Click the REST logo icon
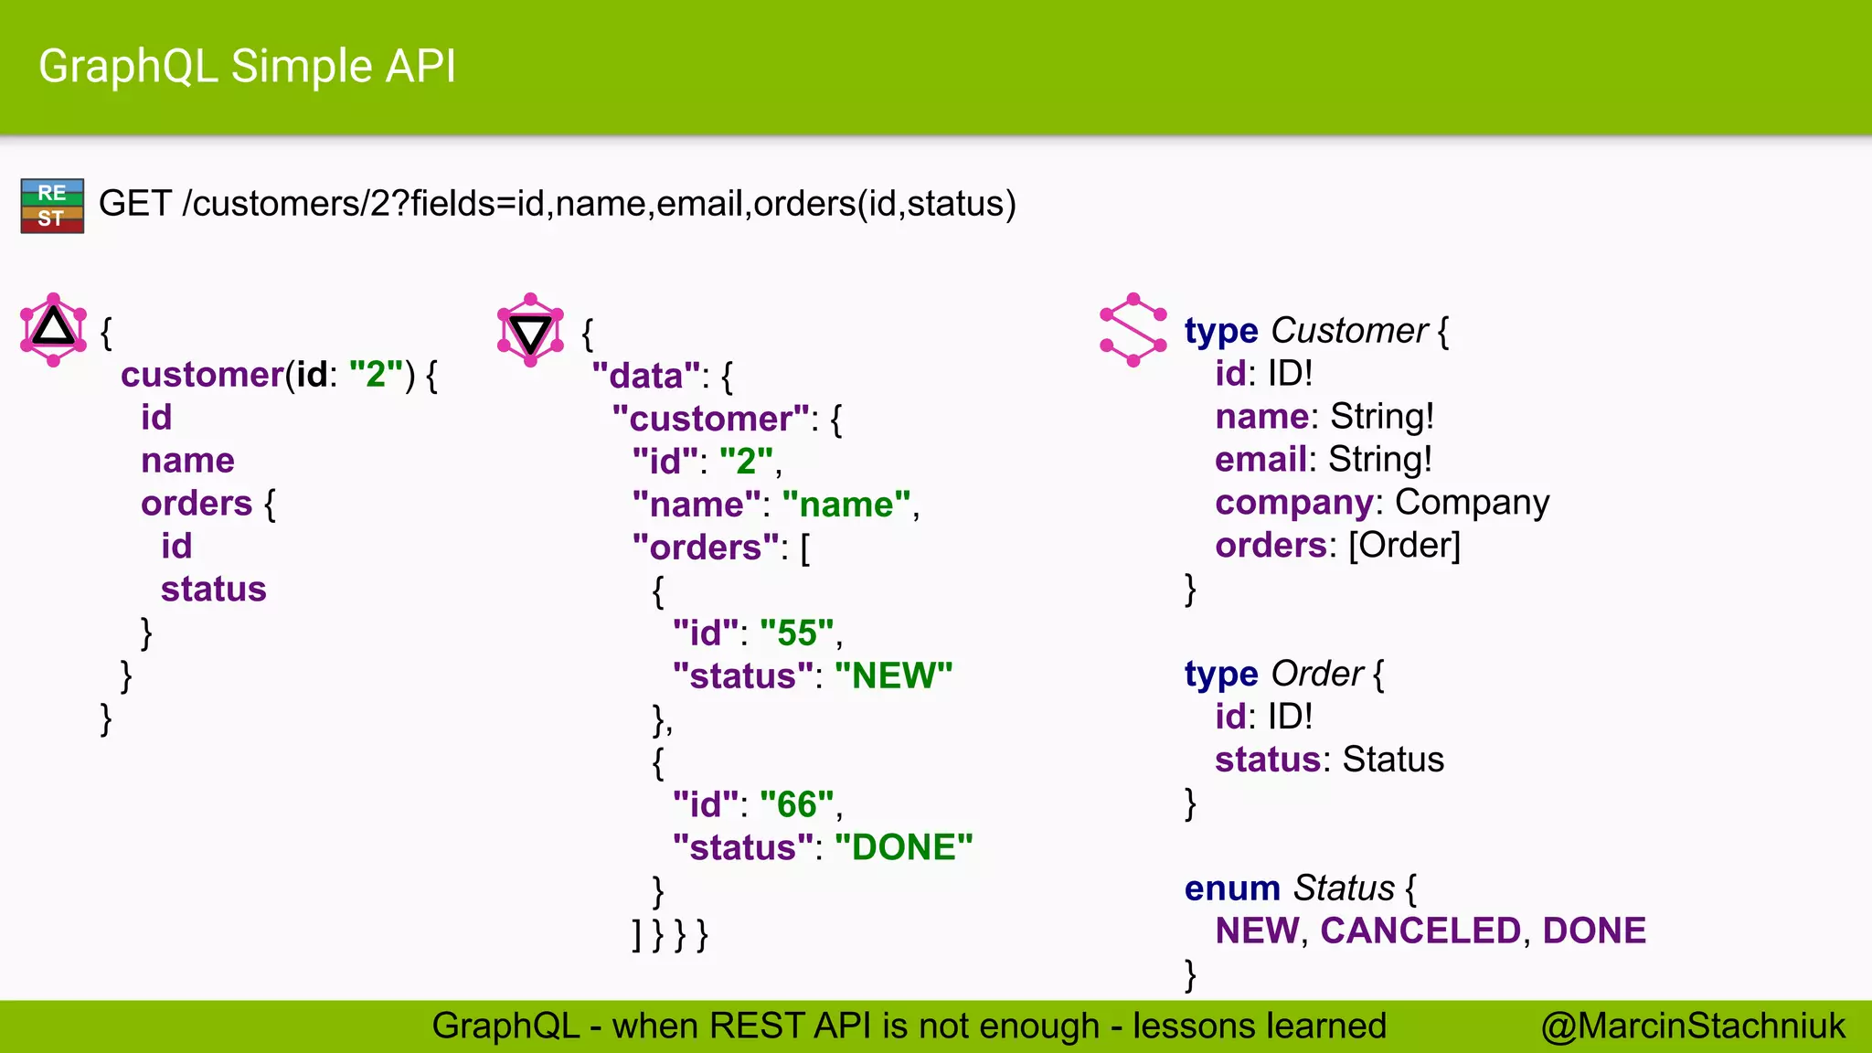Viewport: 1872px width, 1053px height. pos(52,206)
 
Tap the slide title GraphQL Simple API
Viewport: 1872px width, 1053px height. pos(247,67)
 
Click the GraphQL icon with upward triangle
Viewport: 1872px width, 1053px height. pos(53,329)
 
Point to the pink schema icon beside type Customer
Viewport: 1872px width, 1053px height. pos(1133,330)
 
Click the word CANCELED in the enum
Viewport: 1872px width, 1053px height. pos(1420,931)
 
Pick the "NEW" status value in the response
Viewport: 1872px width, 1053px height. pos(893,675)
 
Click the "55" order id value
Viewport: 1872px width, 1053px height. pos(796,633)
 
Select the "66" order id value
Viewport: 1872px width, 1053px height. pos(796,804)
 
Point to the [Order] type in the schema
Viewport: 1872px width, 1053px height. pos(1404,545)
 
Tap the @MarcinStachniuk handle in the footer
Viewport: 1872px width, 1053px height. pos(1693,1026)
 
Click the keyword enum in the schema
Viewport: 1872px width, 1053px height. pos(1232,888)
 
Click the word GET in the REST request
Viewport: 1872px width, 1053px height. pos(134,203)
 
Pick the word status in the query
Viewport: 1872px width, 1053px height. pos(213,590)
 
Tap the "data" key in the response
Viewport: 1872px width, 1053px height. pos(646,376)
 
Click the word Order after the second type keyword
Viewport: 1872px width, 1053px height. pos(1317,674)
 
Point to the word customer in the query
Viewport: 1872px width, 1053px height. pos(202,375)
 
